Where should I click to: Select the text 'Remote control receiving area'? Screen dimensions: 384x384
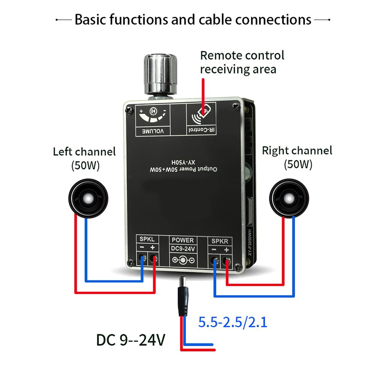coord(242,62)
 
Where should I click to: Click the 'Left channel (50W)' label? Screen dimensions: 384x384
coord(84,159)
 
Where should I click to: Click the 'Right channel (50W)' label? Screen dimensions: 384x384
coord(297,157)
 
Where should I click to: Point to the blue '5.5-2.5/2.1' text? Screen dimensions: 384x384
coord(233,322)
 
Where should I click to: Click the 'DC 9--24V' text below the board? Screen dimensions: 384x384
coord(130,340)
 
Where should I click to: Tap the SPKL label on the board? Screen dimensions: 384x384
coord(147,239)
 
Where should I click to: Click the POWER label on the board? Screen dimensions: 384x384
coord(182,240)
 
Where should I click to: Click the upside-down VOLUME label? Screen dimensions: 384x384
coord(153,131)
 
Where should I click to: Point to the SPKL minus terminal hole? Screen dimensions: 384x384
coord(142,258)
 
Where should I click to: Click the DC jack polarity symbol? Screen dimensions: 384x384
coord(183,260)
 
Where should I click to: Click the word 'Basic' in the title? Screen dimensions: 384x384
coord(92,19)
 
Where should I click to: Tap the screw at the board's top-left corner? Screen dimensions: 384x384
coord(129,110)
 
